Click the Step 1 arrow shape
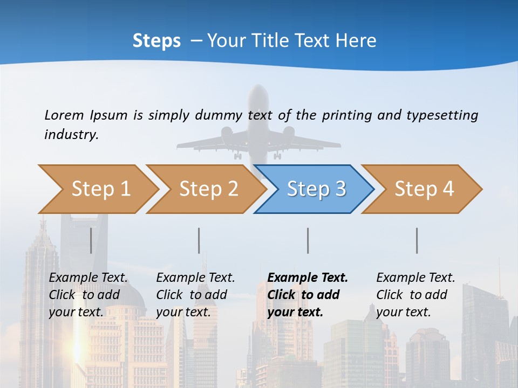click(97, 189)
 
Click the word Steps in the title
click(156, 40)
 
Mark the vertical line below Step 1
click(91, 240)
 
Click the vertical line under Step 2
click(199, 240)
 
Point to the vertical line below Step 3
click(308, 240)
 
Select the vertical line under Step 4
click(417, 240)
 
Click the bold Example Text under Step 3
click(308, 295)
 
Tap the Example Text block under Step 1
click(88, 295)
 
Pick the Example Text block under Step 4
click(415, 295)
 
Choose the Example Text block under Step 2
click(195, 295)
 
